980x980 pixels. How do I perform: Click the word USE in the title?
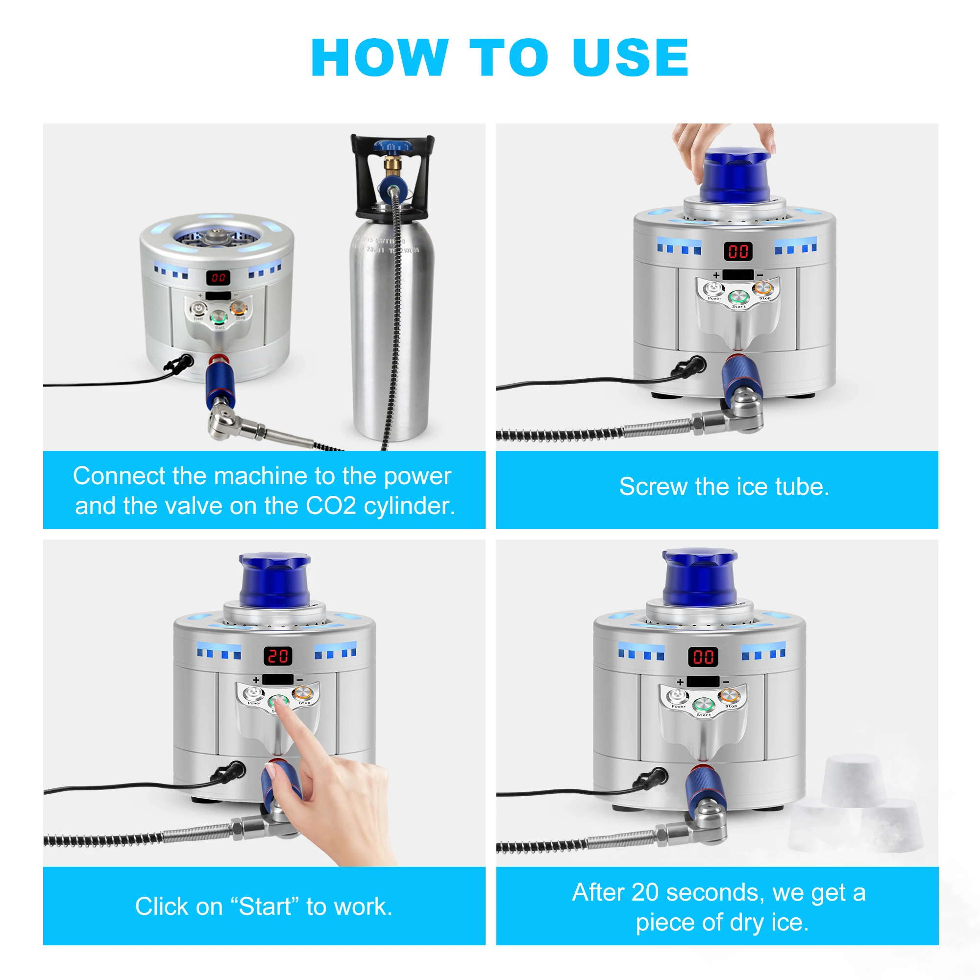click(x=630, y=58)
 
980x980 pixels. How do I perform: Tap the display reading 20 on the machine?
click(x=278, y=656)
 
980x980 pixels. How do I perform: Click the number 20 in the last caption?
click(x=645, y=892)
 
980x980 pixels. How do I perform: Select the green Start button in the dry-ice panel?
click(x=704, y=705)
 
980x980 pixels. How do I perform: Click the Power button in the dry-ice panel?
click(x=677, y=695)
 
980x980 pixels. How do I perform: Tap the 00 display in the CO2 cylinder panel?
click(x=218, y=277)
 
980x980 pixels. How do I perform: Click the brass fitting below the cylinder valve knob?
click(x=392, y=163)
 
